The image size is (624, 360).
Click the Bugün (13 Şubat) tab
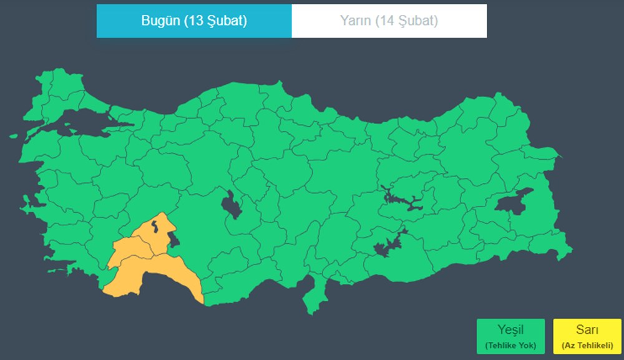(193, 21)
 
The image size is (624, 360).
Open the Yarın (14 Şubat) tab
(389, 21)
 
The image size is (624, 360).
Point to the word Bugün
(160, 21)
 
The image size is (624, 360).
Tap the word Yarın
(356, 21)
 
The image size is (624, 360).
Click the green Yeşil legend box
(510, 336)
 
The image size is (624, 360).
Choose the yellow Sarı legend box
(587, 336)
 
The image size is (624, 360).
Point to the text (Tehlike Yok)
(510, 345)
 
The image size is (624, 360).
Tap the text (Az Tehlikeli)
(587, 345)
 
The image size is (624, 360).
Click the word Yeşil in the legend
(510, 330)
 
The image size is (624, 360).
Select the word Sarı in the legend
(587, 330)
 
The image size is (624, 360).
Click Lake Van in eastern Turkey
(514, 203)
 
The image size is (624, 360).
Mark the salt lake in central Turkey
(232, 205)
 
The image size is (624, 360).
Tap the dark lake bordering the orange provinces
(173, 237)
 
